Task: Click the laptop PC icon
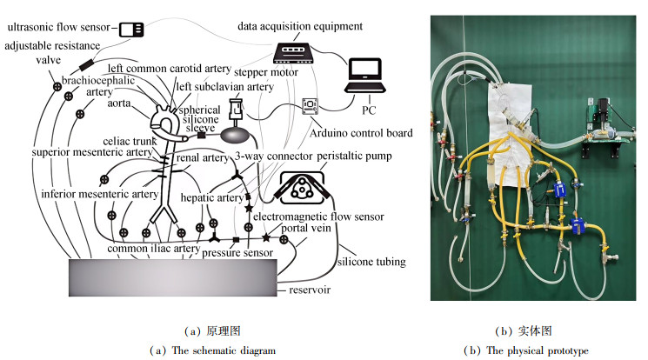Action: click(365, 76)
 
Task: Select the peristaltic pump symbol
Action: click(301, 188)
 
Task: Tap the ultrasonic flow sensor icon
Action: click(131, 30)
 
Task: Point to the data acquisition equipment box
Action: click(293, 53)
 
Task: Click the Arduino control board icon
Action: click(310, 106)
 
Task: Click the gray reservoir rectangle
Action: click(173, 277)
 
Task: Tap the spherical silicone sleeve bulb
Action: click(236, 134)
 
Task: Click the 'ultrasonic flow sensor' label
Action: click(58, 27)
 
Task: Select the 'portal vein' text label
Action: click(306, 228)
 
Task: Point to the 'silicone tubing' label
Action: click(371, 262)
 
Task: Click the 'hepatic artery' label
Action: click(212, 197)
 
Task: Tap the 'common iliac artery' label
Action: click(154, 249)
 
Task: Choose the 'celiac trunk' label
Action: click(130, 142)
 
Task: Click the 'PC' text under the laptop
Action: click(369, 110)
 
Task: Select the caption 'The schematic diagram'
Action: click(224, 350)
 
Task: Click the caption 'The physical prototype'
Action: click(538, 350)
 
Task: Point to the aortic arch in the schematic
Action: click(164, 118)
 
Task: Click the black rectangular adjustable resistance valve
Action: click(86, 65)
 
